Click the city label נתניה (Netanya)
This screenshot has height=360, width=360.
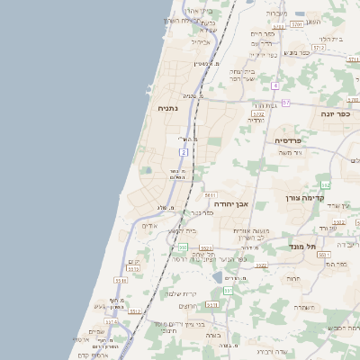pos(168,109)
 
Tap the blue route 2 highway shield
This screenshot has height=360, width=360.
pos(183,153)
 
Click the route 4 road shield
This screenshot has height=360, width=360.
pos(274,85)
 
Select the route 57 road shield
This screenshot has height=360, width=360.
pos(286,103)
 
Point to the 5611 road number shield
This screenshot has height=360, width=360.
pos(211,194)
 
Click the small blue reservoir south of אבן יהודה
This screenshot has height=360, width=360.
pos(218,277)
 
